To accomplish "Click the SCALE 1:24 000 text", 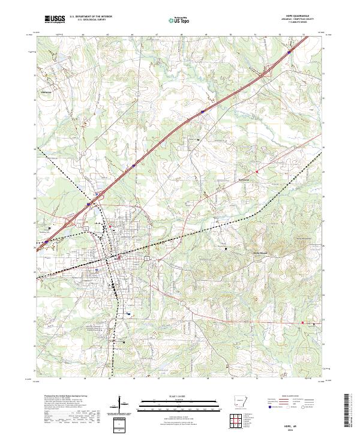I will tap(179, 395).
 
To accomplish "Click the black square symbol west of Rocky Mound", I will tap(226, 248).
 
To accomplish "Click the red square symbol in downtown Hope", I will tap(119, 259).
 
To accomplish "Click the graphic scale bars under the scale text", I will tap(179, 404).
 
